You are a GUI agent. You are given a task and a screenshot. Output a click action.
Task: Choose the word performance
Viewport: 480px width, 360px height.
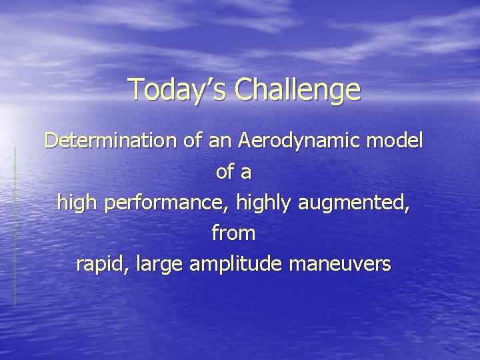(163, 203)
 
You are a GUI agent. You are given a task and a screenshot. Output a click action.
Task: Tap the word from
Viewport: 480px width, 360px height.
(233, 233)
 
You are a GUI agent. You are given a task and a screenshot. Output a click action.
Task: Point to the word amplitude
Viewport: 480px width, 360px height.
(233, 264)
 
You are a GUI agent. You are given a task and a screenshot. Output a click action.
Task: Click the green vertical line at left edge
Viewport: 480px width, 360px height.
(15, 227)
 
